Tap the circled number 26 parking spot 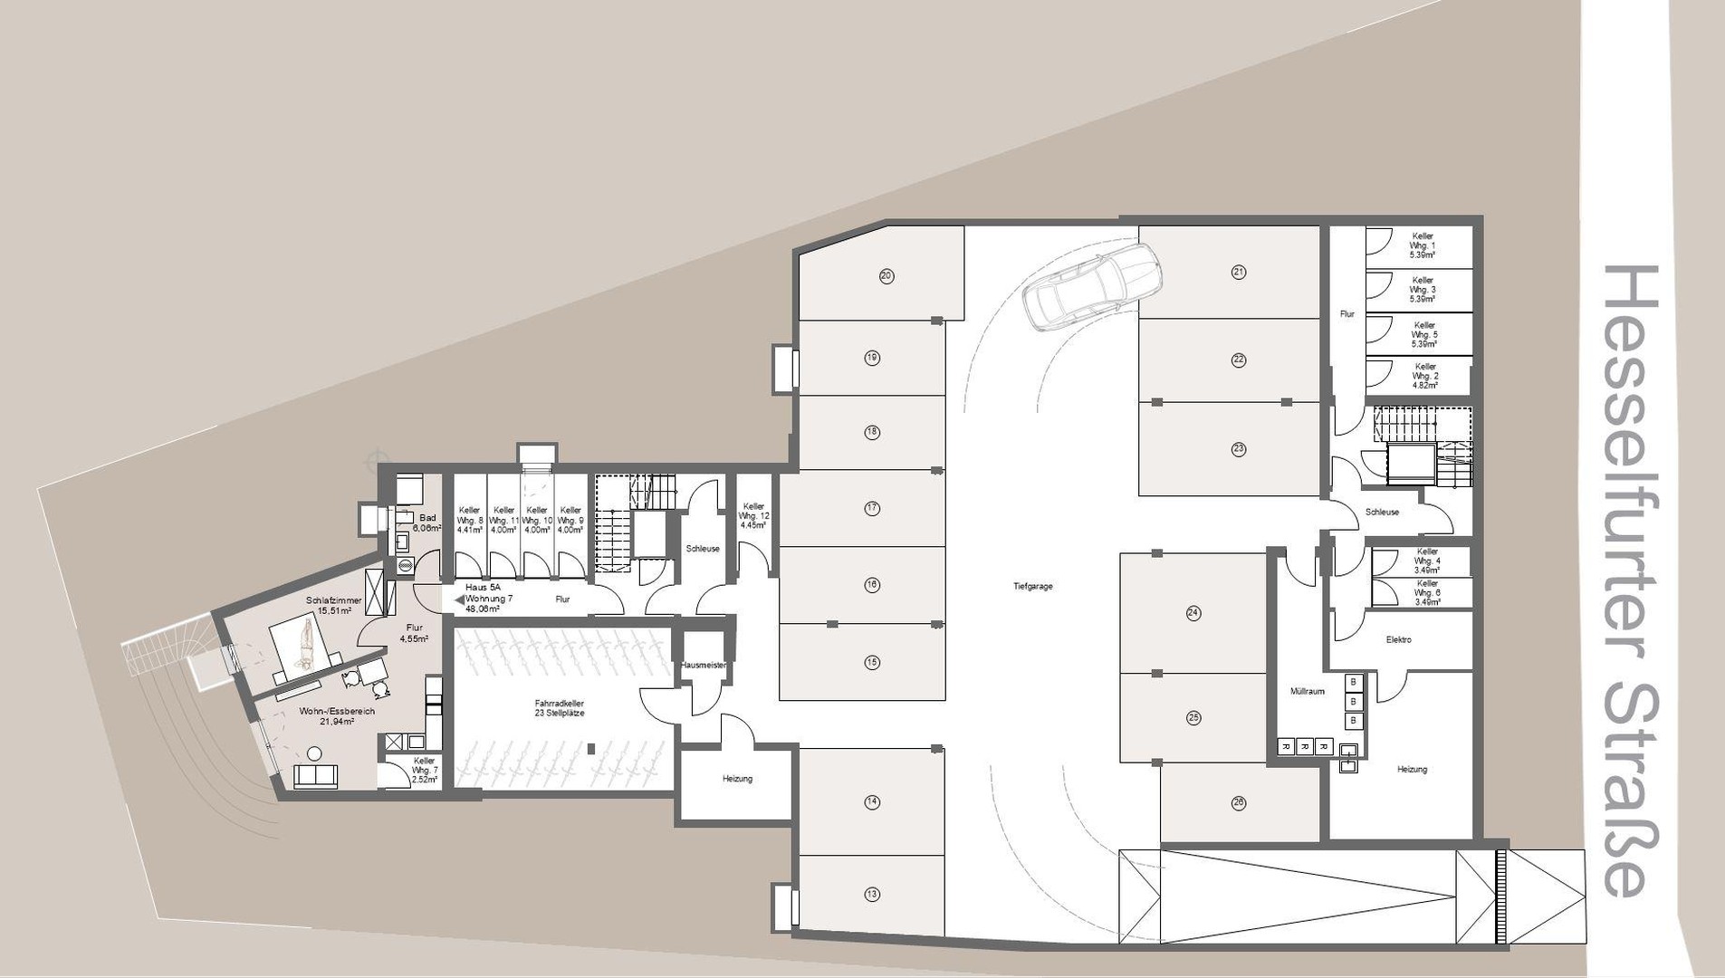pyautogui.click(x=1239, y=801)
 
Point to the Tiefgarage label pyautogui.click(x=1032, y=587)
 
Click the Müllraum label pyautogui.click(x=1308, y=691)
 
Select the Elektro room pyautogui.click(x=1398, y=639)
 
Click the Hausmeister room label pyautogui.click(x=703, y=665)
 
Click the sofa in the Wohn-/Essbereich pyautogui.click(x=315, y=776)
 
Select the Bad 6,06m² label pyautogui.click(x=426, y=523)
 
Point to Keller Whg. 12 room pyautogui.click(x=753, y=515)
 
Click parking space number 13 pyautogui.click(x=872, y=894)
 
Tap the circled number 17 pyautogui.click(x=872, y=508)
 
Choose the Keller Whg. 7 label pyautogui.click(x=424, y=769)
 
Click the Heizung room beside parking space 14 pyautogui.click(x=737, y=778)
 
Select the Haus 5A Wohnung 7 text pyautogui.click(x=488, y=598)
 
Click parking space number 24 pyautogui.click(x=1193, y=613)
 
